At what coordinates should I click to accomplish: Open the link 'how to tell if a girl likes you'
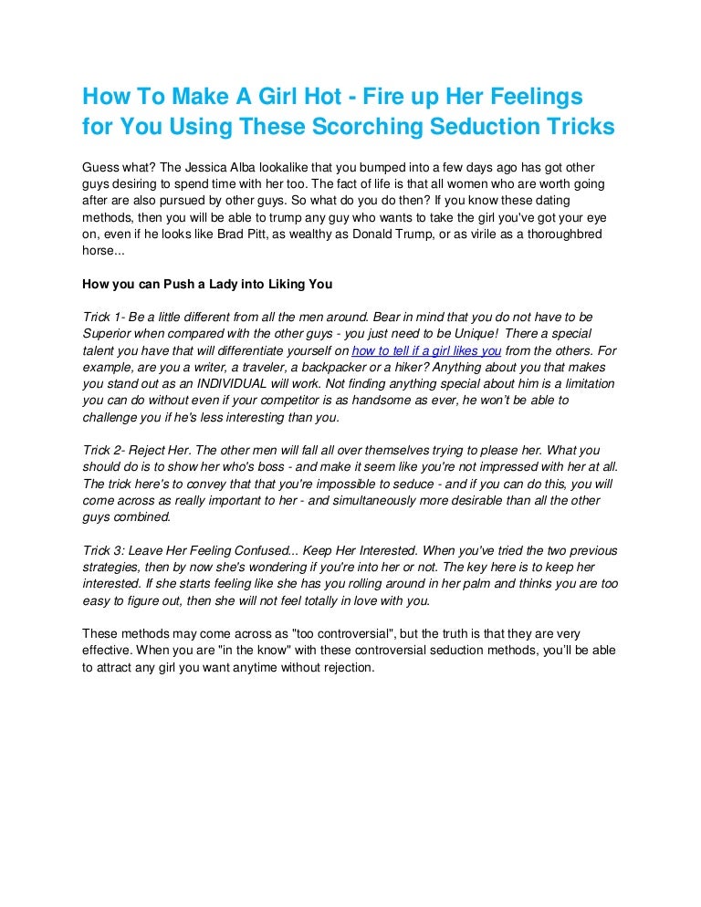[x=426, y=350]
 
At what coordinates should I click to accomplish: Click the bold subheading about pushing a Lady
[x=206, y=283]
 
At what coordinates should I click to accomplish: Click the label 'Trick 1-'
[x=103, y=317]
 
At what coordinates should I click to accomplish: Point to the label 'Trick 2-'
[x=104, y=451]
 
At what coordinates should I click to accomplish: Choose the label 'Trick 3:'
[x=104, y=550]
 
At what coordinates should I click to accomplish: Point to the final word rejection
[x=344, y=667]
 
